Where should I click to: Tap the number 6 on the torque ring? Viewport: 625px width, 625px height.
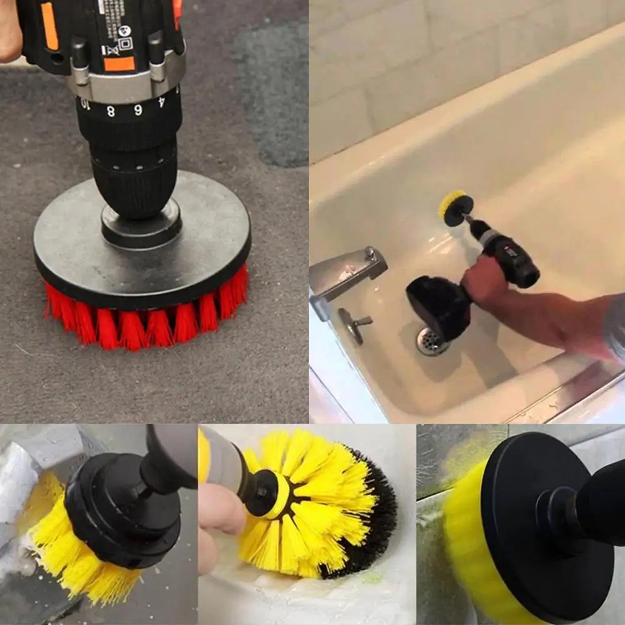pos(137,109)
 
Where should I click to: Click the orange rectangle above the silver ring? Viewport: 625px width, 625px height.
pos(119,64)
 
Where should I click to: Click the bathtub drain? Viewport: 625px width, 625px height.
pos(431,341)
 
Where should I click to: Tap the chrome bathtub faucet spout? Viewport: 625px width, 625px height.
pos(347,269)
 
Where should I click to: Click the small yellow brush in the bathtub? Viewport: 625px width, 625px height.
pos(452,205)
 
